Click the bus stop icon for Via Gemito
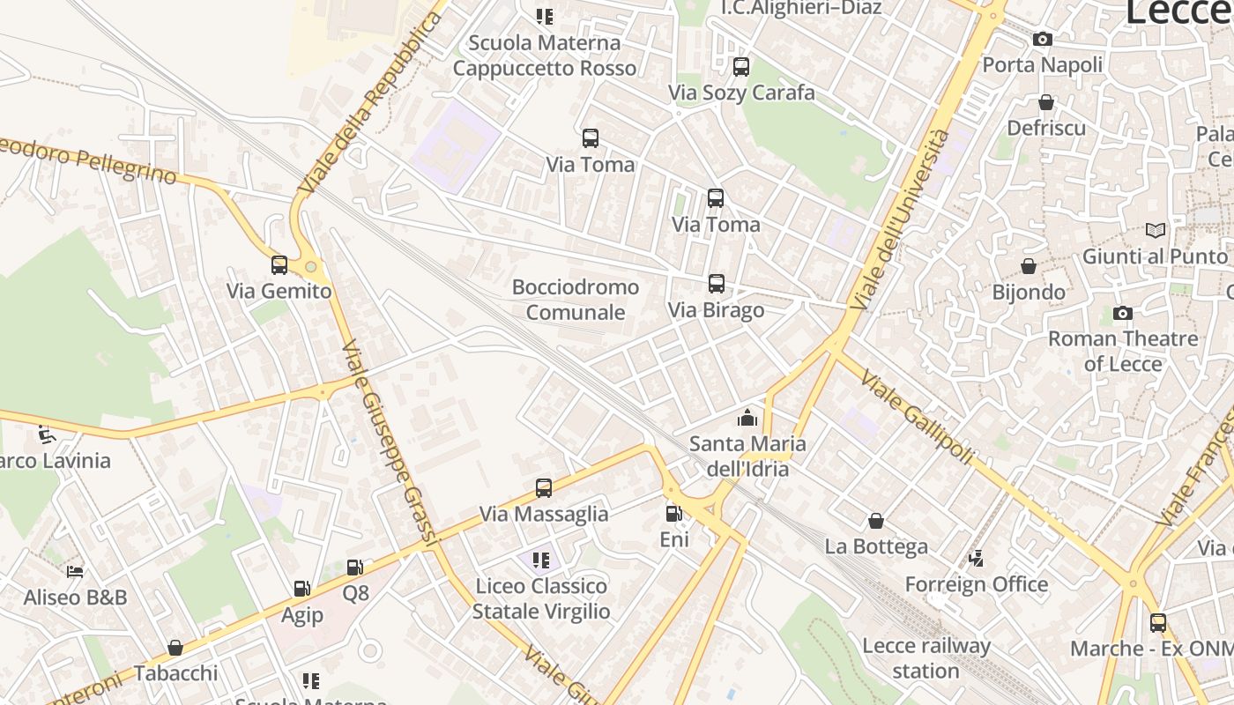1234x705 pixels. (279, 264)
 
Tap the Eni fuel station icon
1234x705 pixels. (673, 513)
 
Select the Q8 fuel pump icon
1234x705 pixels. (354, 568)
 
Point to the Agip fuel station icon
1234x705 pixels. (301, 589)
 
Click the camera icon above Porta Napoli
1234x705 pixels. (1042, 39)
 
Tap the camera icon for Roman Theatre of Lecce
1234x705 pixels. (1122, 313)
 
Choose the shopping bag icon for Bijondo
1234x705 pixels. (1028, 265)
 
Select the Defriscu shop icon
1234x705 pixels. (1045, 102)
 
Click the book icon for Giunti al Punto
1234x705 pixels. (1155, 230)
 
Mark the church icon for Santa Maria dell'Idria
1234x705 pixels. (747, 417)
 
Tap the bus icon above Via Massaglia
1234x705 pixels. (544, 487)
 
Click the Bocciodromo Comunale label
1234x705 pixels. (576, 300)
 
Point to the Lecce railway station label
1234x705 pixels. (925, 657)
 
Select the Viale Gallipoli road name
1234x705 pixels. (917, 417)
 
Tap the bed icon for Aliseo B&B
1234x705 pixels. (75, 571)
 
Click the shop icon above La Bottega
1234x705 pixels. (875, 521)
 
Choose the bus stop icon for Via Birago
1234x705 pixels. (716, 284)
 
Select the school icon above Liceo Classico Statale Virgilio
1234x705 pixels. (540, 560)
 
